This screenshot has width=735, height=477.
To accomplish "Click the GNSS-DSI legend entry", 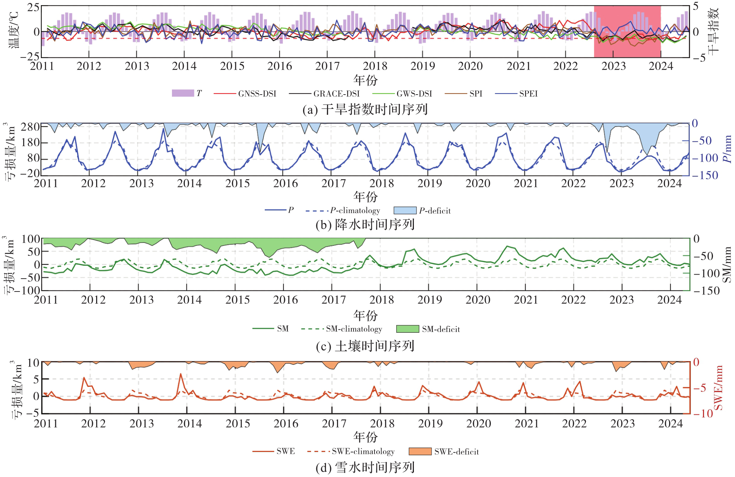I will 257,94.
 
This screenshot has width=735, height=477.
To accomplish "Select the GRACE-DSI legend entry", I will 336,94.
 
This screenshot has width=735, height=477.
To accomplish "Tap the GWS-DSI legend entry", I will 414,94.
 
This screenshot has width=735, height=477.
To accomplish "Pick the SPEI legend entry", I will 528,94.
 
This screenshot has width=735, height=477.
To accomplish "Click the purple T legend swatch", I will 183,93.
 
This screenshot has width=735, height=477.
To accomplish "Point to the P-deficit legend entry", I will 435,211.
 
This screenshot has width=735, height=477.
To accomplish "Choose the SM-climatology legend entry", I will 354,329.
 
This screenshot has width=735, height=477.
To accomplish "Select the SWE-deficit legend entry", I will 456,452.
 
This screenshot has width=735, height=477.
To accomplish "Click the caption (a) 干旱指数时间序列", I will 365,110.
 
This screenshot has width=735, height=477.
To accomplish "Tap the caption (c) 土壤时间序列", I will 365,346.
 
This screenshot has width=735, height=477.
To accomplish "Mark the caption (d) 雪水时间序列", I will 365,468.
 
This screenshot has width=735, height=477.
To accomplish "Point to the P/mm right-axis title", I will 727,149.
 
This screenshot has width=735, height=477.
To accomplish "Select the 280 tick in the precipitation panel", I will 30,127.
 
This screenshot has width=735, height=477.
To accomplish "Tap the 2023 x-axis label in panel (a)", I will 613,66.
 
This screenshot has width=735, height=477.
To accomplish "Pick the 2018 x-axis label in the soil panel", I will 381,300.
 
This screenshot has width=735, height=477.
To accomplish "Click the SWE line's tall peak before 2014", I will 180,374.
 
